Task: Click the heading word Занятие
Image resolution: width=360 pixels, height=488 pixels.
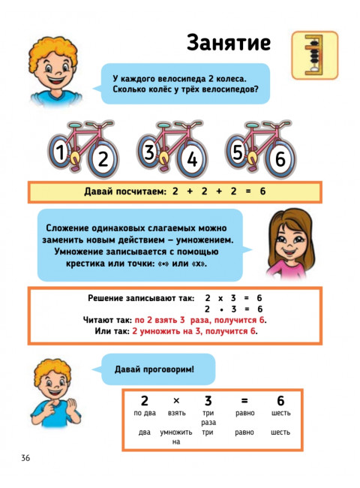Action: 228,43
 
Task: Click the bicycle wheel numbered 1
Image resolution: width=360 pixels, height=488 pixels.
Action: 60,153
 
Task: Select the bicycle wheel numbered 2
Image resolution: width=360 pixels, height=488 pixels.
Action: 103,159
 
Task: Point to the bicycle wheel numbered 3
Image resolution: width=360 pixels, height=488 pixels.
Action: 149,153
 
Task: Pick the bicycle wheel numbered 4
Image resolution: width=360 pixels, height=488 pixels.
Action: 192,159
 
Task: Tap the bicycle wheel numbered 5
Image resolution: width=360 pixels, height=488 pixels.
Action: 238,153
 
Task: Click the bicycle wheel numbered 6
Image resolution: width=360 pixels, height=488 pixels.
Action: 280,159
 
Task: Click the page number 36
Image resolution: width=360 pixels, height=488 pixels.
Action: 25,458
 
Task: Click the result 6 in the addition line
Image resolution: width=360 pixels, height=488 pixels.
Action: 263,192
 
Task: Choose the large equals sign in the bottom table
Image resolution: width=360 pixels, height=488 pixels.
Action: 244,400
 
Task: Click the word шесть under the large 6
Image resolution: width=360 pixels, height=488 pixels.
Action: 280,413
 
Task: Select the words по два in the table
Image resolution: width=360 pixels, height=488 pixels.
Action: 144,413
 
